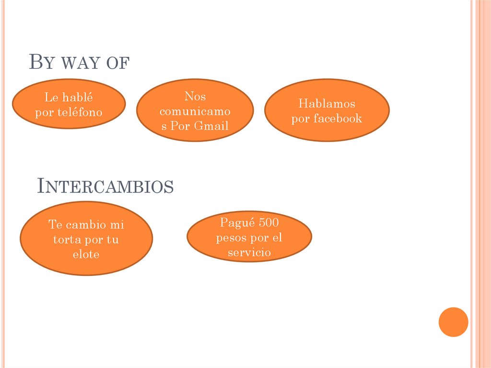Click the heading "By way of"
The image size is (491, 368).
click(79, 61)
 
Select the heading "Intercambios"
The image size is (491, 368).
click(105, 186)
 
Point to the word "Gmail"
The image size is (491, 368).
click(211, 126)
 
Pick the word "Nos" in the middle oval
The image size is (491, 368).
click(195, 96)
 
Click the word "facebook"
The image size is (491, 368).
click(338, 118)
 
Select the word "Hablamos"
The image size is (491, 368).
click(327, 104)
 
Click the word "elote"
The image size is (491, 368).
click(86, 254)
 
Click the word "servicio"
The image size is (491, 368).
click(249, 252)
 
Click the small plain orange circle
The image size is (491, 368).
click(453, 322)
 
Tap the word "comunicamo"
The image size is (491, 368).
click(195, 111)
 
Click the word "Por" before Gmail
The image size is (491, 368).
click(180, 126)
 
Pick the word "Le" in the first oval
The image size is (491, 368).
click(51, 97)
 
